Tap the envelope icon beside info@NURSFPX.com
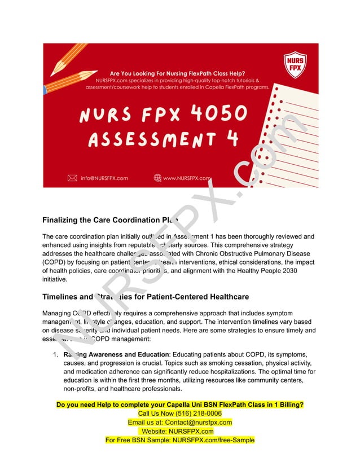pos(72,178)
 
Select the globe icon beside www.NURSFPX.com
pos(157,178)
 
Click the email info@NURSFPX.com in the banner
pos(104,178)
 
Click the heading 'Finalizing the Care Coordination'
pos(107,220)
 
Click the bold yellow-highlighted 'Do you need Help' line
pos(180,405)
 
